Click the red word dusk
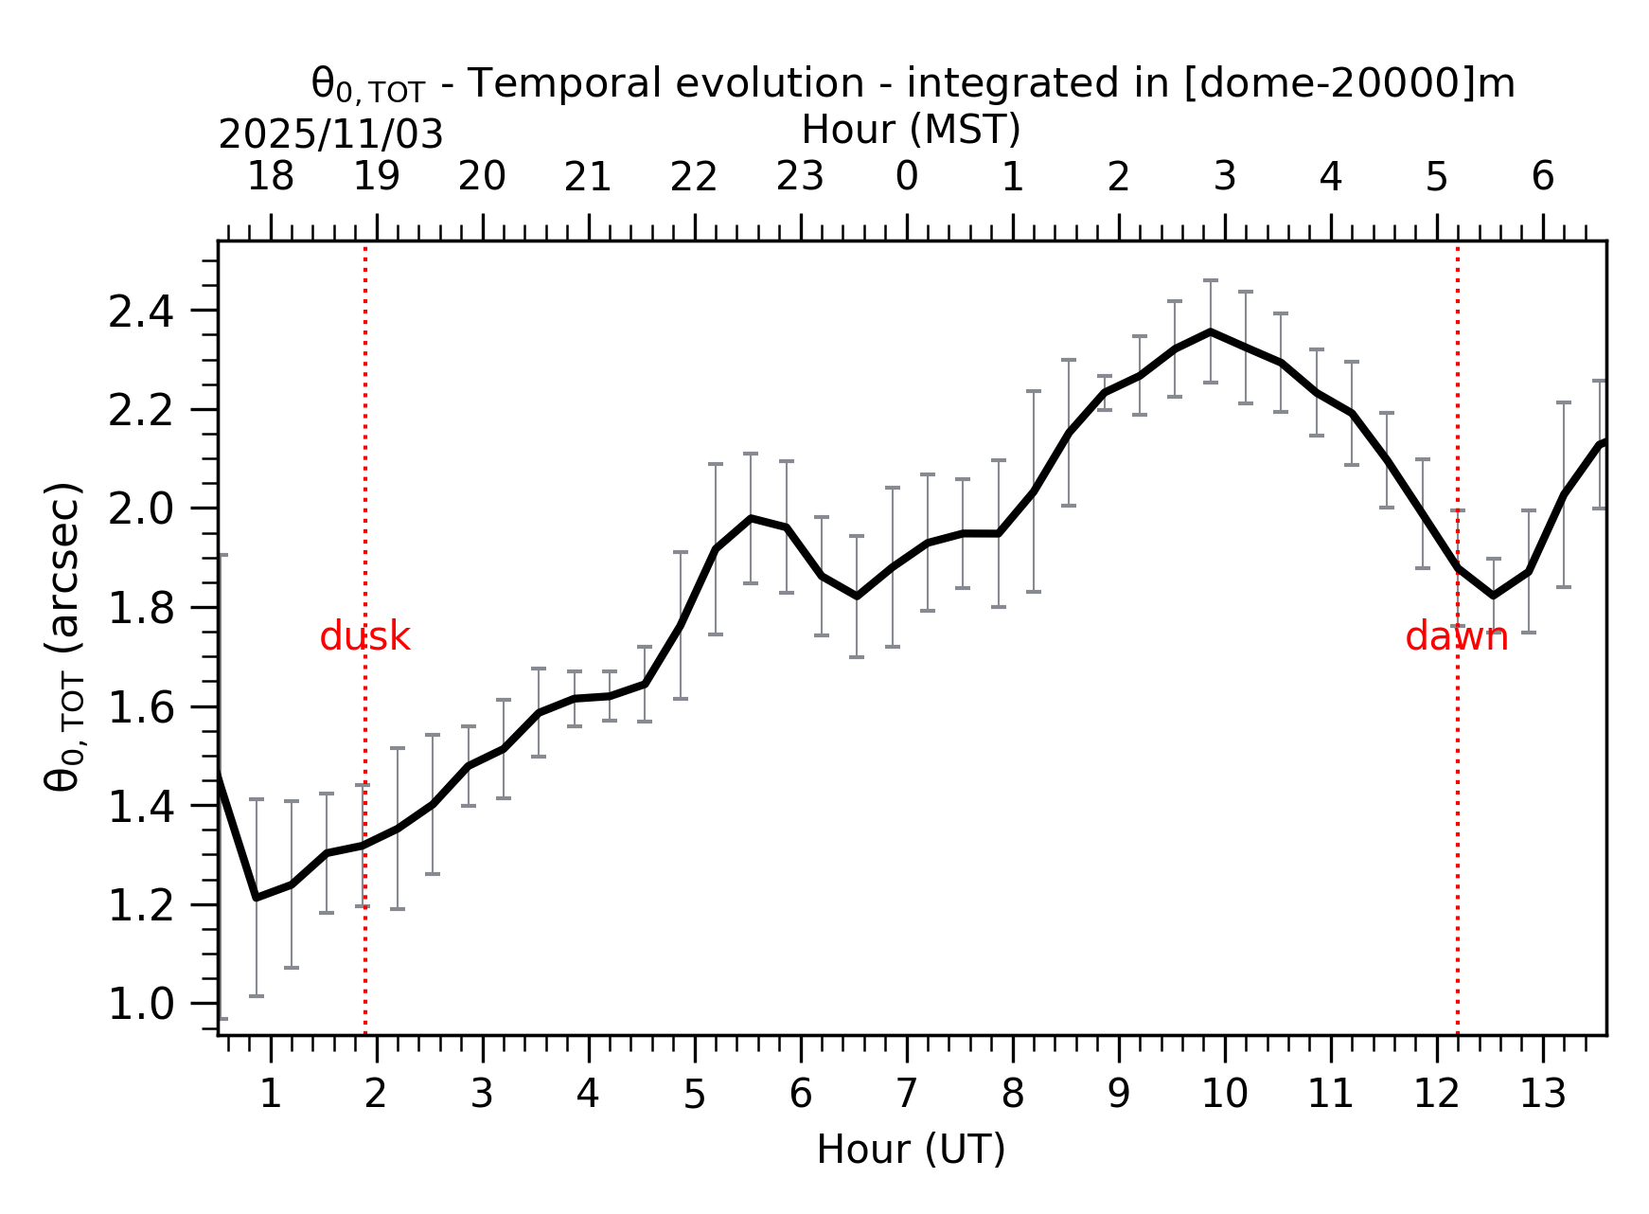coord(364,637)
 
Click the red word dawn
coord(1456,637)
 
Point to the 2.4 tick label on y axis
coord(141,312)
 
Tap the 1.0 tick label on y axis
coord(141,1005)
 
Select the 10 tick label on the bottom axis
coord(1224,1095)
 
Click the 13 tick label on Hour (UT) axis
coord(1542,1095)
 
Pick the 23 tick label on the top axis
coord(801,177)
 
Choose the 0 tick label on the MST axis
coord(907,177)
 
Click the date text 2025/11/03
coord(330,135)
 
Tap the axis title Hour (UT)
coord(911,1150)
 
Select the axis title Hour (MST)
coord(911,130)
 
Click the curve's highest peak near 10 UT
coord(1210,331)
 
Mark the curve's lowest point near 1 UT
coord(256,897)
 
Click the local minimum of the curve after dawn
coord(1493,596)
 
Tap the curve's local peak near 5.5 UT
coord(751,518)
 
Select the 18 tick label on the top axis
coord(271,177)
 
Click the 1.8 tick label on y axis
coord(141,609)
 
